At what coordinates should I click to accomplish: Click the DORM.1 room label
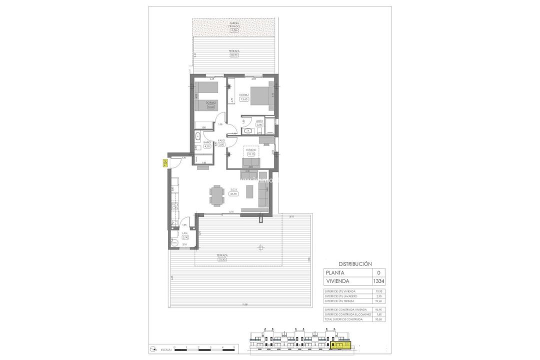pyautogui.click(x=244, y=95)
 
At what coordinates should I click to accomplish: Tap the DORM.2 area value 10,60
pyautogui.click(x=210, y=106)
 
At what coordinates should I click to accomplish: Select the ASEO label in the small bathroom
pyautogui.click(x=259, y=121)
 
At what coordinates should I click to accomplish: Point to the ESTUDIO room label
pyautogui.click(x=250, y=149)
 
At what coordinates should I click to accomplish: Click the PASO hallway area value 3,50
pyautogui.click(x=221, y=144)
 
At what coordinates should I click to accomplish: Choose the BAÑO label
pyautogui.click(x=206, y=142)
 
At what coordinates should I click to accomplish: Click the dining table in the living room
pyautogui.click(x=217, y=195)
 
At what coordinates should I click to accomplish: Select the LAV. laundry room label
pyautogui.click(x=184, y=233)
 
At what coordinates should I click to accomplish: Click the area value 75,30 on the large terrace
pyautogui.click(x=221, y=259)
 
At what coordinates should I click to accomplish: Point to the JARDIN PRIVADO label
pyautogui.click(x=234, y=25)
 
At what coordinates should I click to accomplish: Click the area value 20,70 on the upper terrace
pyautogui.click(x=234, y=55)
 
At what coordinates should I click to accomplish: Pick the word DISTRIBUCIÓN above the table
pyautogui.click(x=355, y=263)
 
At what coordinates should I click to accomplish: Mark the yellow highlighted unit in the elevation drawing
pyautogui.click(x=341, y=344)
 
